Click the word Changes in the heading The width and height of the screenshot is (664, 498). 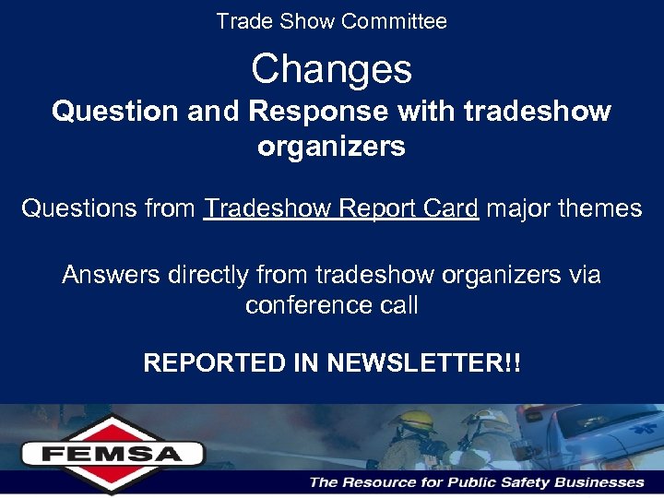331,69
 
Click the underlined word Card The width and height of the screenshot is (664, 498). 447,208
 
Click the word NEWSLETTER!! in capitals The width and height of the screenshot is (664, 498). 423,362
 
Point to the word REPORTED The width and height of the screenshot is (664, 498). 216,362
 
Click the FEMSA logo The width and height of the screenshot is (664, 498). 112,452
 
